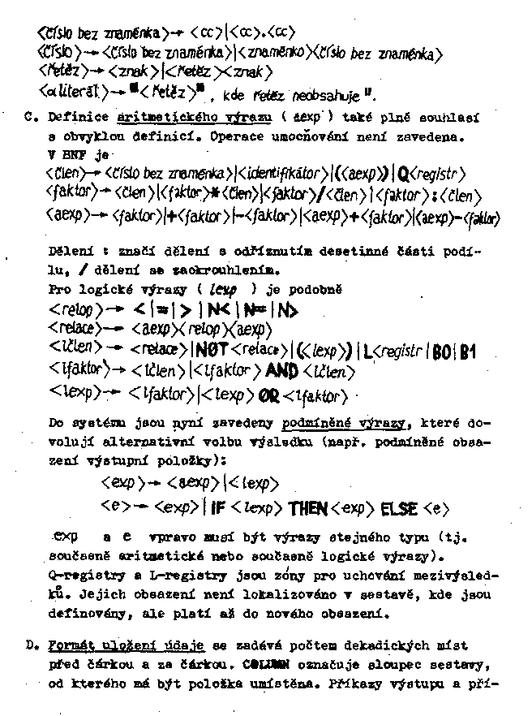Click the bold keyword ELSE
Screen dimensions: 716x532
(x=398, y=508)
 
